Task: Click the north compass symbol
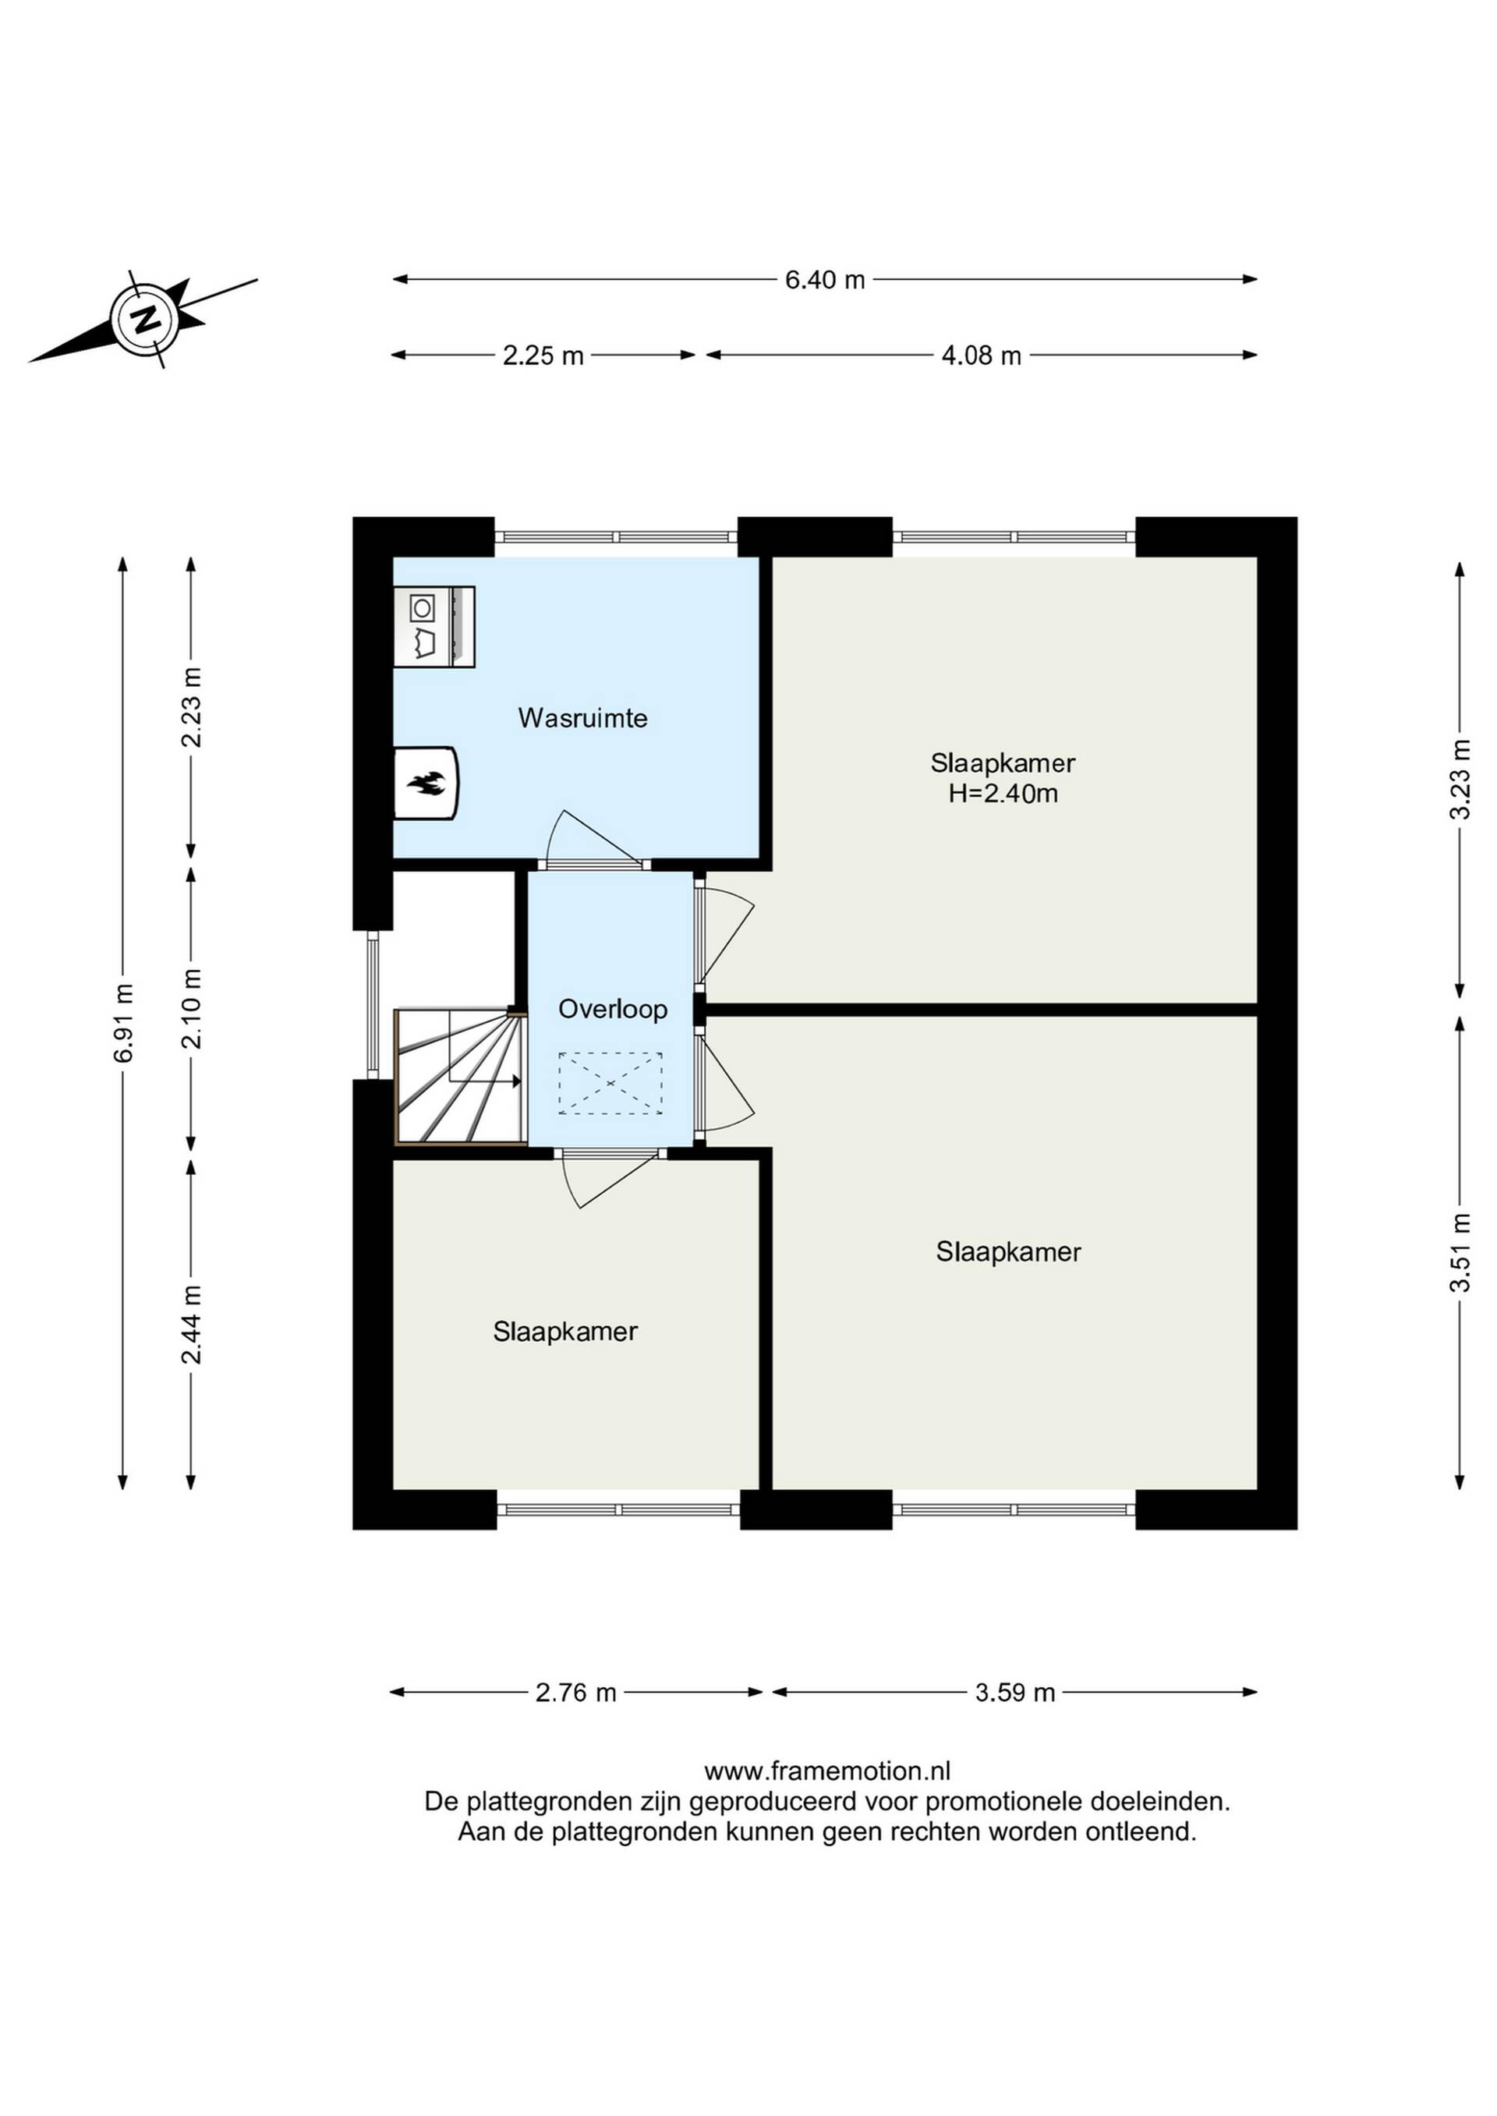click(143, 320)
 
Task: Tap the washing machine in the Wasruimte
click(434, 627)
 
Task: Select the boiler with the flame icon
click(426, 784)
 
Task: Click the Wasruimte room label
click(582, 718)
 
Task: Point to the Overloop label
click(613, 1009)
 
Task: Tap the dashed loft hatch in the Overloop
click(610, 1084)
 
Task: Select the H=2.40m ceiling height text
click(1003, 794)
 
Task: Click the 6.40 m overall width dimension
click(825, 279)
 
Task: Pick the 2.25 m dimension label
click(543, 356)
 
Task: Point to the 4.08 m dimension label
click(981, 356)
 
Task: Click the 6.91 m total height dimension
click(123, 1023)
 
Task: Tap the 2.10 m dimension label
click(192, 1009)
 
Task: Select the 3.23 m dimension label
click(1460, 779)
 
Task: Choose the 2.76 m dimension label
click(575, 1693)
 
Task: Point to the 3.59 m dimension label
click(1015, 1693)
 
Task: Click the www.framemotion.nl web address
click(826, 1771)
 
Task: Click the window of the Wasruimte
click(616, 536)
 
